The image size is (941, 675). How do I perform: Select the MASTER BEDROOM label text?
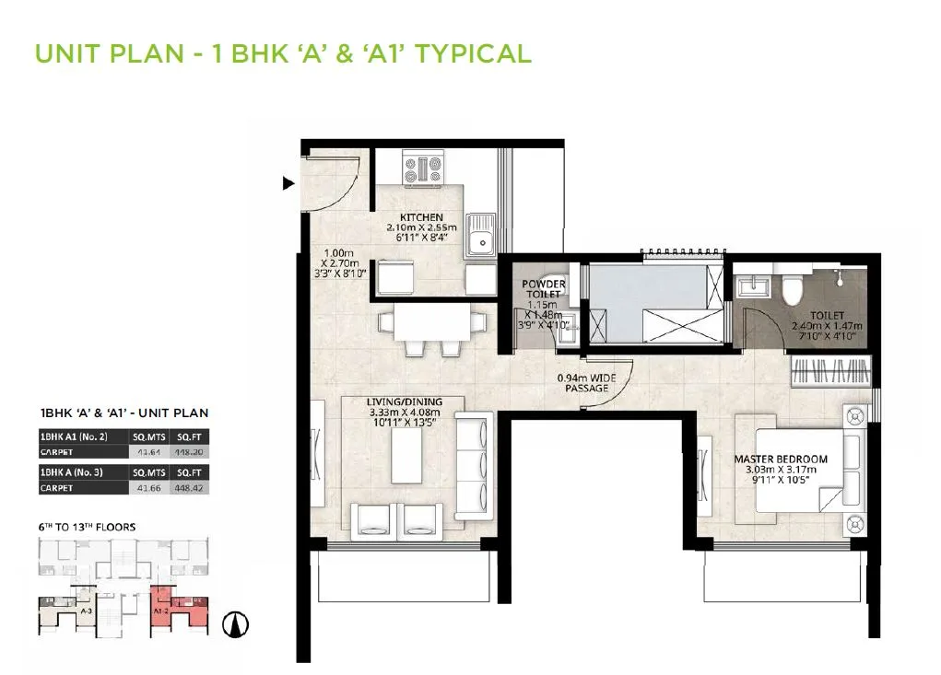pyautogui.click(x=781, y=458)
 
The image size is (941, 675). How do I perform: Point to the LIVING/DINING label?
pyautogui.click(x=405, y=402)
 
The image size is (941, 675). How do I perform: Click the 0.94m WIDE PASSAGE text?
pyautogui.click(x=587, y=382)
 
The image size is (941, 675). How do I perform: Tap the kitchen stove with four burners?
pyautogui.click(x=422, y=169)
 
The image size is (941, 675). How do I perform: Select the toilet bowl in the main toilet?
pyautogui.click(x=791, y=291)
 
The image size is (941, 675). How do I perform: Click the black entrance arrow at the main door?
pyautogui.click(x=288, y=184)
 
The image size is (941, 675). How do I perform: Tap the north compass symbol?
pyautogui.click(x=237, y=624)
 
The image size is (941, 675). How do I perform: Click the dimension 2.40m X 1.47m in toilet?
pyautogui.click(x=826, y=325)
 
